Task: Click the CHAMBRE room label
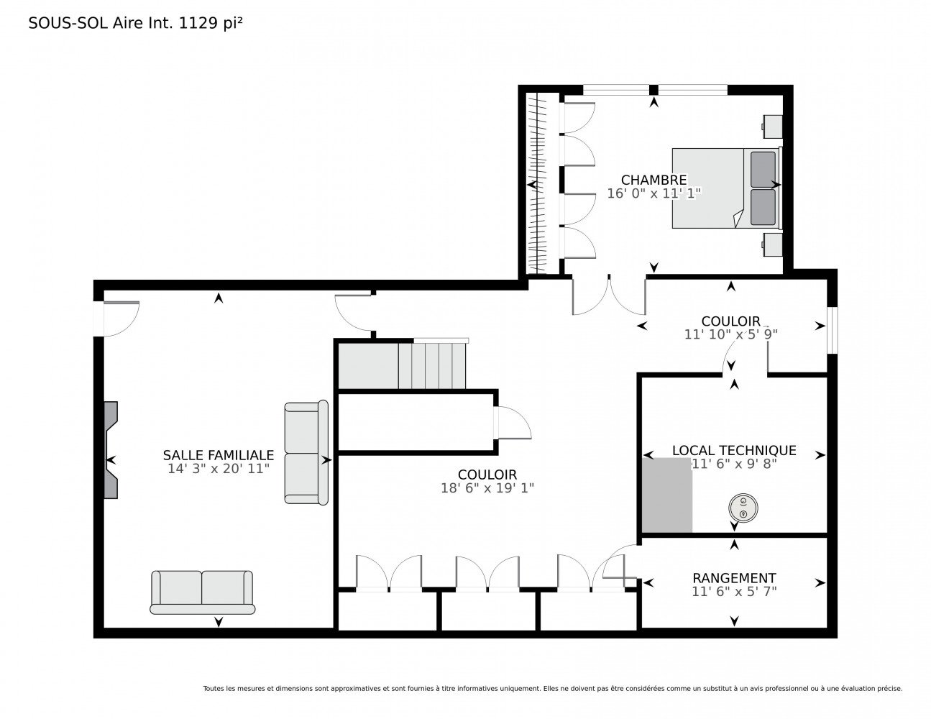tap(653, 180)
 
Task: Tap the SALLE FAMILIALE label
tap(218, 454)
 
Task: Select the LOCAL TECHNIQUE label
tap(734, 450)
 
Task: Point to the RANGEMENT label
tap(734, 578)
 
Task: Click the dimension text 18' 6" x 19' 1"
tap(487, 488)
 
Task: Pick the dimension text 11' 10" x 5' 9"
tap(730, 334)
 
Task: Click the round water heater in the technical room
tap(743, 508)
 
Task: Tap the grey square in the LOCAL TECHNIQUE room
tap(666, 495)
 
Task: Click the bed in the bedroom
tap(727, 188)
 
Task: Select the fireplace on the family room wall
tap(111, 449)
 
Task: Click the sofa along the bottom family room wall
tap(202, 592)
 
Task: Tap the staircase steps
tap(432, 365)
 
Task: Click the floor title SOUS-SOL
tap(68, 23)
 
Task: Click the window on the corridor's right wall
tap(832, 330)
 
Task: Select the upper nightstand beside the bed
tap(772, 127)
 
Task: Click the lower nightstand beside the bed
tap(772, 244)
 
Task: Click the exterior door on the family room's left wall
tap(116, 319)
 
